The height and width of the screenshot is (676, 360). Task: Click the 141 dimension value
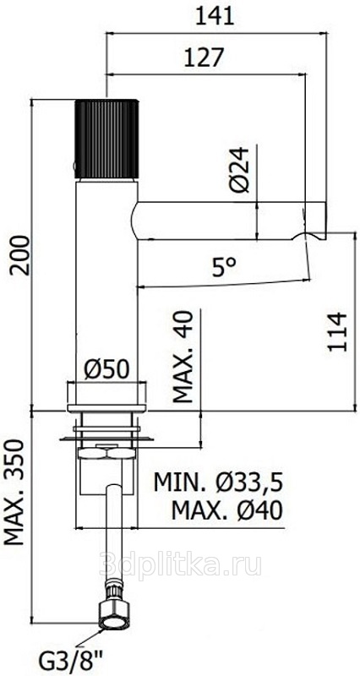tap(215, 16)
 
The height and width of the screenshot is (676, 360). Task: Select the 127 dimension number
tap(204, 57)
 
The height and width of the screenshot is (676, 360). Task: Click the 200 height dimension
tap(20, 255)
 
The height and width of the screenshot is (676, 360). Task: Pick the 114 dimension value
tap(337, 332)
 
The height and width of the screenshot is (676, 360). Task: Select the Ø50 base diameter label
tap(106, 370)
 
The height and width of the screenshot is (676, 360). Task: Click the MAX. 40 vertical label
tap(183, 356)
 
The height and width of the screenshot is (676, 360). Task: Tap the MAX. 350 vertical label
tap(15, 492)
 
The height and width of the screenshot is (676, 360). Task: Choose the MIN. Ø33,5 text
tap(219, 482)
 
